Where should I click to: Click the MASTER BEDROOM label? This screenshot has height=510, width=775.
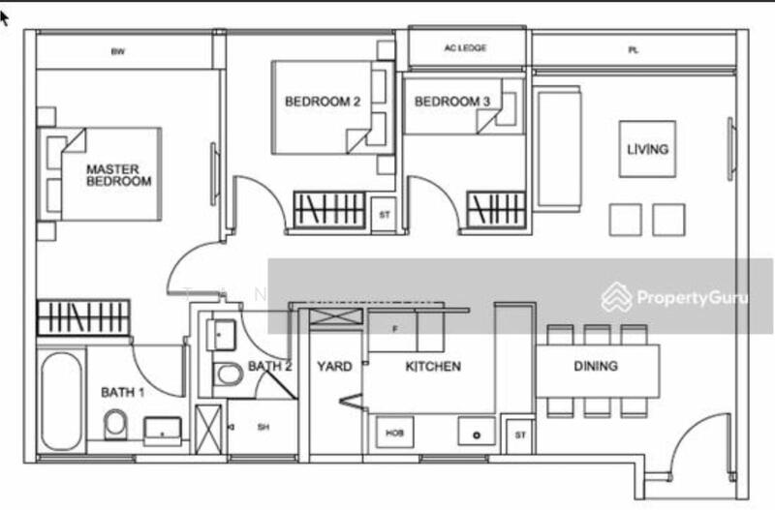119,174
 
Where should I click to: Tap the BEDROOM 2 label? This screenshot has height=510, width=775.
323,101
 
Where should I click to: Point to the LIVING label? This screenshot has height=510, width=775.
647,149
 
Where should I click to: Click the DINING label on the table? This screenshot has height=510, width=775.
595,366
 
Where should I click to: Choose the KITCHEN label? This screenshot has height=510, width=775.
432,367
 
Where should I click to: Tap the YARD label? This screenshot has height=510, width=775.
334,367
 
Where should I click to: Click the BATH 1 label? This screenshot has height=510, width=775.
123,392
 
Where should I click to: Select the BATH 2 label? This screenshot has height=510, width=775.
269,367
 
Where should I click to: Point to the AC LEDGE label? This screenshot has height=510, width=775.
465,47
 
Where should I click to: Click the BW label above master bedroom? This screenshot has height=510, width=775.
118,51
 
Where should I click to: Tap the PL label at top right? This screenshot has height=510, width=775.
633,48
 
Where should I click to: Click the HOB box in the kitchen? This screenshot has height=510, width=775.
394,433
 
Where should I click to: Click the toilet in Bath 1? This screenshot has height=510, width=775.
114,424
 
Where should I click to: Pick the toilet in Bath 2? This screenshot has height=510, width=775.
229,374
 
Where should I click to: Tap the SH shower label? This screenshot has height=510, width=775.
263,427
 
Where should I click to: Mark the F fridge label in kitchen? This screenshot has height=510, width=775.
393,329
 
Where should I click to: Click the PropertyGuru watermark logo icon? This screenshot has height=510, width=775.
616,297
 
